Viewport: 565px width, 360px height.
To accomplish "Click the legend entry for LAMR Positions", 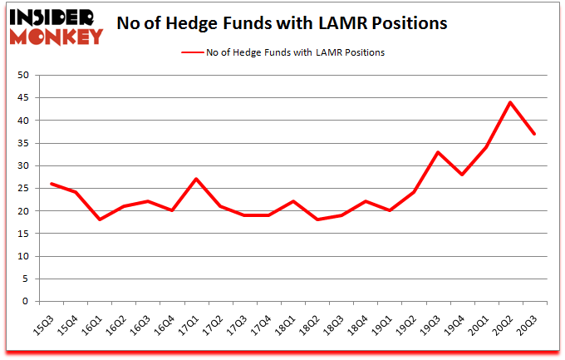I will coord(282,52).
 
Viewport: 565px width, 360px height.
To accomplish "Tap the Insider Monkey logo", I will coord(56,25).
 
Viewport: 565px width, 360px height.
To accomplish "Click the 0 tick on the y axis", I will coord(26,302).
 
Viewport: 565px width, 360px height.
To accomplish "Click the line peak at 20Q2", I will coord(509,102).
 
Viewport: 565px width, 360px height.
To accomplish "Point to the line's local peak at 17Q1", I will coord(194,179).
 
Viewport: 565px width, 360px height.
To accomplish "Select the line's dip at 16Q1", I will coord(100,219).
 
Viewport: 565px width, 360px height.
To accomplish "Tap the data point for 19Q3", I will coord(437,152).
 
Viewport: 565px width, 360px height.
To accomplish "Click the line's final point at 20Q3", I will coord(533,134).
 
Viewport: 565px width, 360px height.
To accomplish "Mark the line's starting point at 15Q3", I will coord(52,184).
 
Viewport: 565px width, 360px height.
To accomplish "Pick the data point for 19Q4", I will coord(461,175).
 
